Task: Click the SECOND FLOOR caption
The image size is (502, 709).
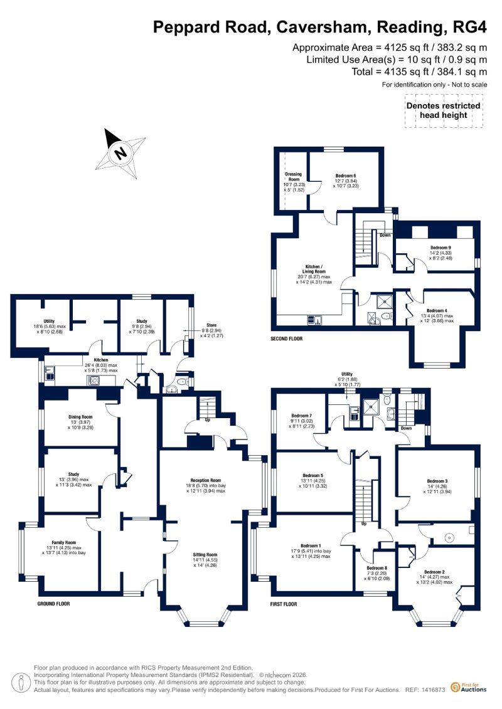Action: (287, 339)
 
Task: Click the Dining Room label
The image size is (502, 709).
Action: (80, 416)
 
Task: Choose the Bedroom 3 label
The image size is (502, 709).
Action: (437, 481)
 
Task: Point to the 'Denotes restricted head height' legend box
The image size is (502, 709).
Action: (444, 110)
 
